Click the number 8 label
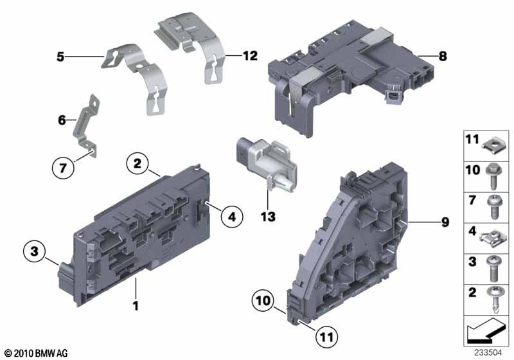(442, 56)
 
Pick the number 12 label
(250, 56)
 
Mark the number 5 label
(60, 57)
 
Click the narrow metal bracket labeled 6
(87, 122)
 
